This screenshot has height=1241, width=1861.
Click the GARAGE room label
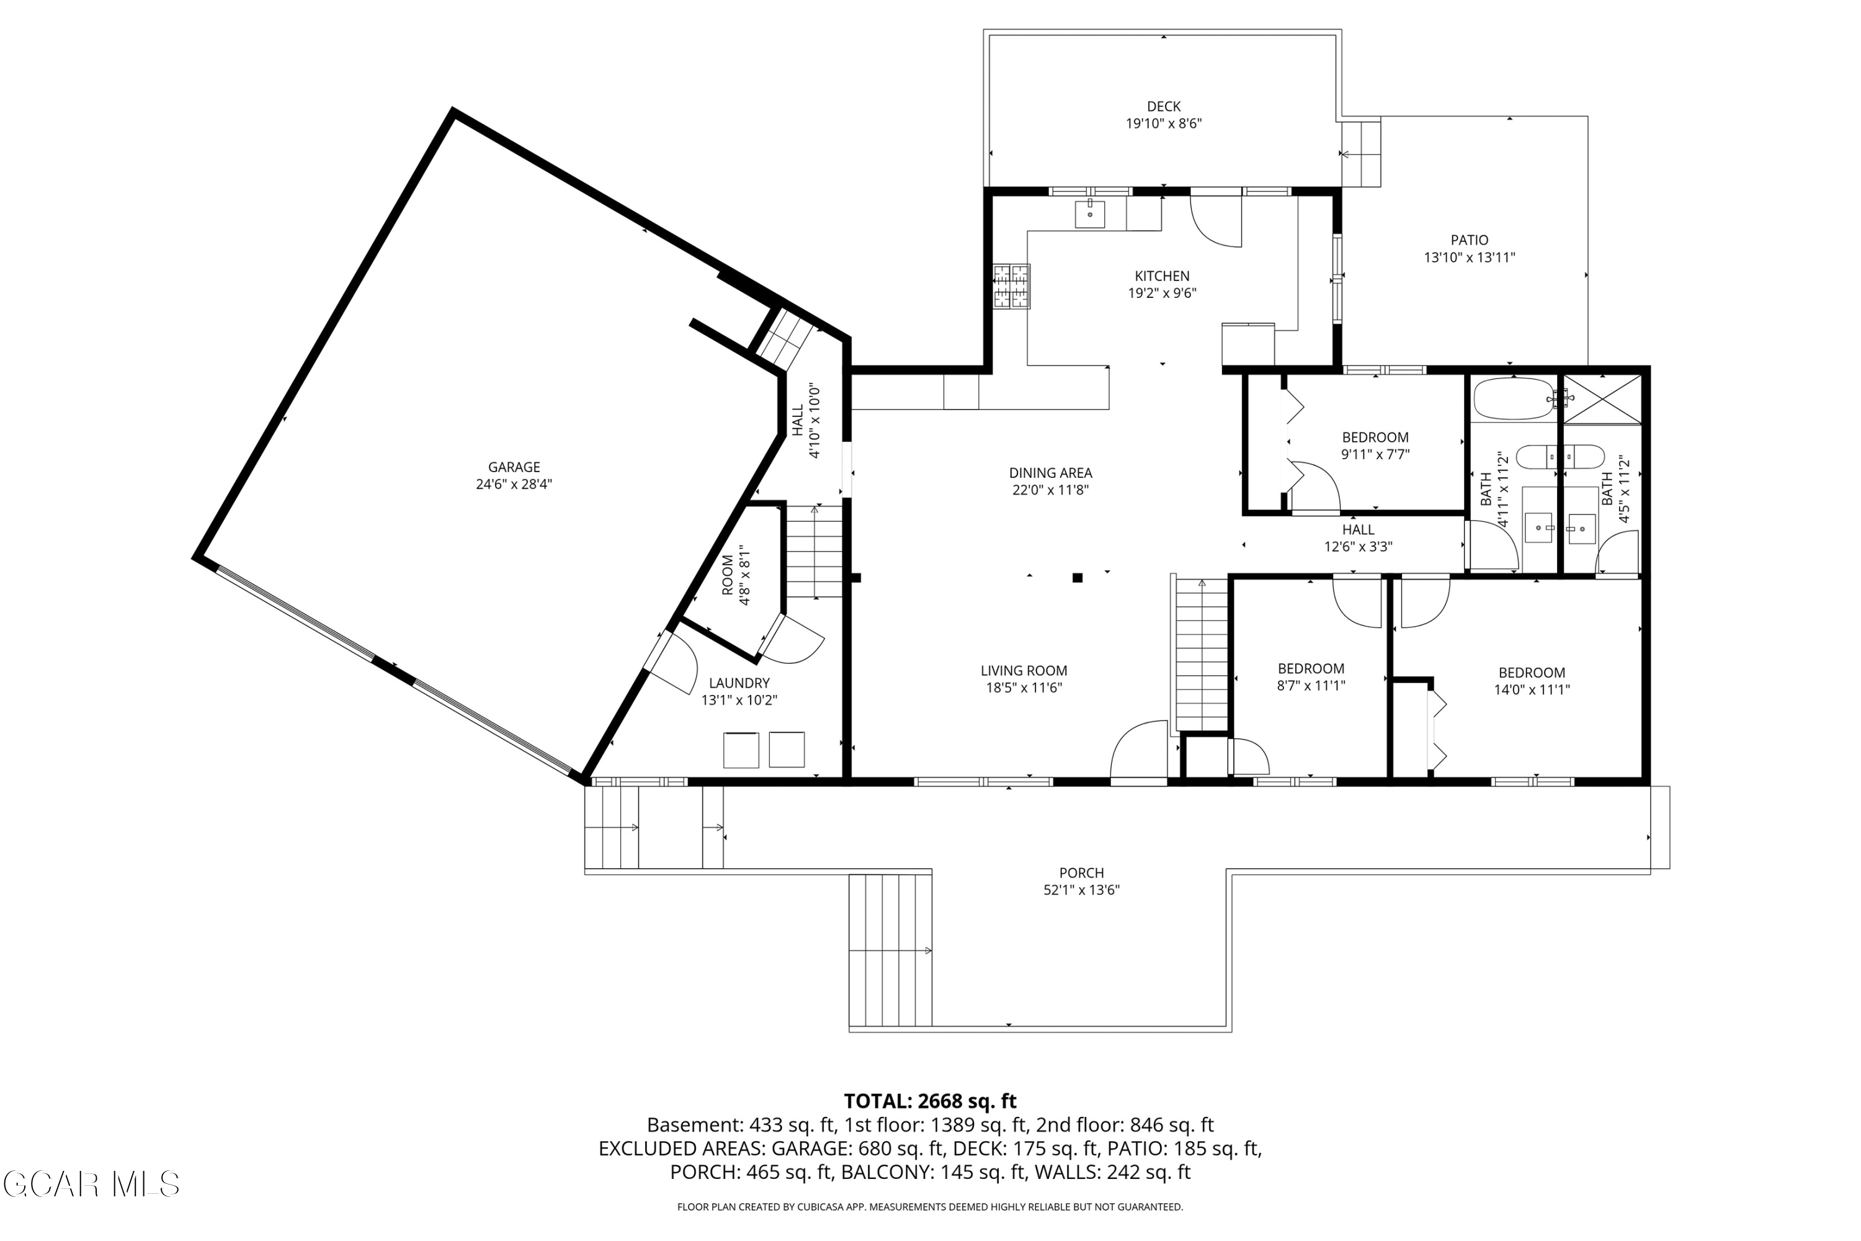pyautogui.click(x=514, y=467)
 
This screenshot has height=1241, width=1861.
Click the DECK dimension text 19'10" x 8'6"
pyautogui.click(x=1163, y=123)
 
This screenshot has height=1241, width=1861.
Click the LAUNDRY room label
pyautogui.click(x=738, y=683)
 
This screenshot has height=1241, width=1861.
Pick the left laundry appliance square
pyautogui.click(x=741, y=750)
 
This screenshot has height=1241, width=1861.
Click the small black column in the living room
pyautogui.click(x=1077, y=578)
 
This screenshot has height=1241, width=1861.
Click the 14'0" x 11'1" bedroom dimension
pyautogui.click(x=1531, y=689)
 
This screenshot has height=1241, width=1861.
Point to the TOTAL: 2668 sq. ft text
pyautogui.click(x=930, y=1101)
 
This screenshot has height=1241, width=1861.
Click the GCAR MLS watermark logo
pyautogui.click(x=91, y=1184)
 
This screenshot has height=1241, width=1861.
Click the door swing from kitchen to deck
pyautogui.click(x=1216, y=222)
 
